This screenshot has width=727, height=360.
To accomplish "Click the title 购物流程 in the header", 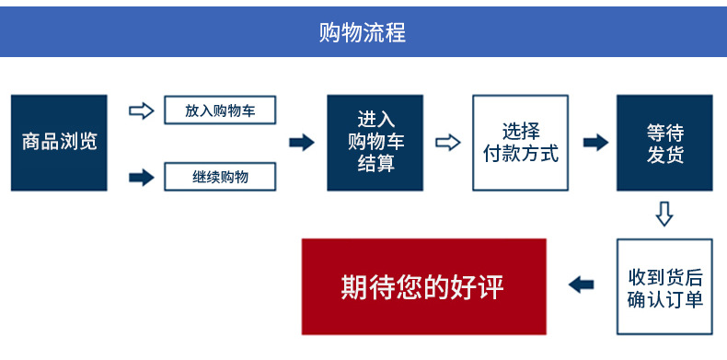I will [362, 32].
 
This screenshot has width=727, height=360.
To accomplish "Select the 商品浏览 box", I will [59, 143].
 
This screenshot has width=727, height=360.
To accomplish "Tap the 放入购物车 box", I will [220, 110].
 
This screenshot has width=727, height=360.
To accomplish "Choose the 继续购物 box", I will [220, 176].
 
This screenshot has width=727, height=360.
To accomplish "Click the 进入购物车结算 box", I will [375, 143].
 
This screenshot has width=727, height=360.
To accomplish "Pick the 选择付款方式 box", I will [520, 143].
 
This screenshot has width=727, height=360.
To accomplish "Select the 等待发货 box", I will [664, 143].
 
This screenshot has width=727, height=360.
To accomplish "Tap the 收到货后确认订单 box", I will [664, 287].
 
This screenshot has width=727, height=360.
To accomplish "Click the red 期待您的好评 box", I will [423, 286].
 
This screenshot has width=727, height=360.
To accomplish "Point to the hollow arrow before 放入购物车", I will [141, 110].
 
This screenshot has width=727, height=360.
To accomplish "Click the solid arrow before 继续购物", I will [141, 177].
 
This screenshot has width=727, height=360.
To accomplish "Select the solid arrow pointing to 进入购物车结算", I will [302, 143].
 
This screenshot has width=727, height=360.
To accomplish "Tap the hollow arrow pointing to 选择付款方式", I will [447, 143].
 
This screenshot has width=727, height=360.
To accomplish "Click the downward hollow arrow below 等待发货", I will [664, 214].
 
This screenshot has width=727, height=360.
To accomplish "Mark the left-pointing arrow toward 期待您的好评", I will [581, 285].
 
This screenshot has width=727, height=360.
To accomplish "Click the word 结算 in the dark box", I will [375, 164].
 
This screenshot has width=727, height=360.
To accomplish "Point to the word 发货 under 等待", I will [664, 155].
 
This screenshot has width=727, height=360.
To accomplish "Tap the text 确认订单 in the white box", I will [664, 299].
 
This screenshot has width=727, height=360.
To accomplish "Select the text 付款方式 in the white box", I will [520, 154].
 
